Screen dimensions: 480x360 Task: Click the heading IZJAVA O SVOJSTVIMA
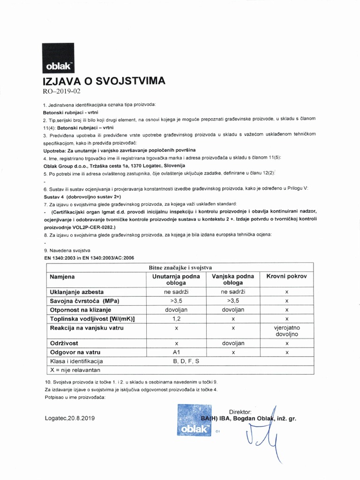pos(104,80)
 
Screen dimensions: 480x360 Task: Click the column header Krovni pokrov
pos(286,277)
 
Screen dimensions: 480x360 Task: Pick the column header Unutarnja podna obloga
pos(176,280)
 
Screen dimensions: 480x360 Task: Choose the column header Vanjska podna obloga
pos(233,280)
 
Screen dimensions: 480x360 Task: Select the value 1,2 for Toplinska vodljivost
pos(176,319)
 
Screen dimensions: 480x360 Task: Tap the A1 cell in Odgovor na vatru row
pos(176,352)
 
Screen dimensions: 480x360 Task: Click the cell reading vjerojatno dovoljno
pos(286,331)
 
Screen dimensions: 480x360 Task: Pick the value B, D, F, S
pos(186,361)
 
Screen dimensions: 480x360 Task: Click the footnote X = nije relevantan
pos(74,370)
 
